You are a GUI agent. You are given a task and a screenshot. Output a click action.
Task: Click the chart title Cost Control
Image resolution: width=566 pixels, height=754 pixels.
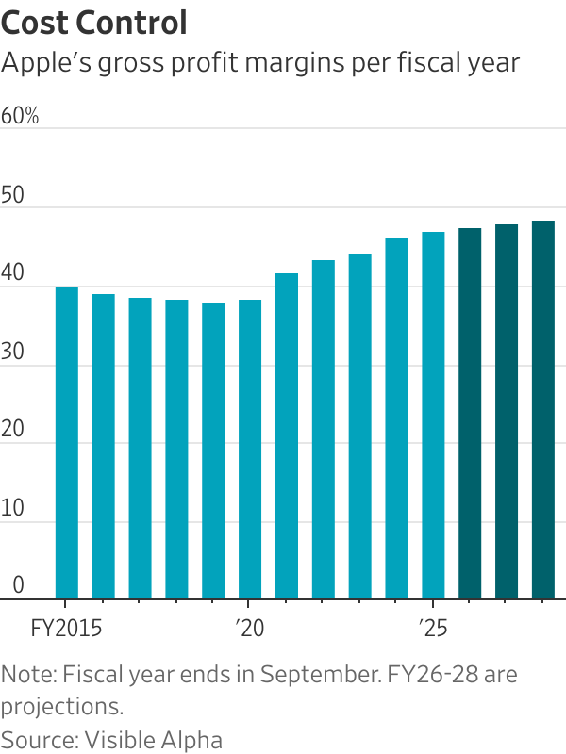94,23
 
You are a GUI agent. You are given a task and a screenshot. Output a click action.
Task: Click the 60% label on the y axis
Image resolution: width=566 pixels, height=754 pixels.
20,117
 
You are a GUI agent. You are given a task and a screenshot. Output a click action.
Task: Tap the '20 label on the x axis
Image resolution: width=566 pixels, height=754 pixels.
248,626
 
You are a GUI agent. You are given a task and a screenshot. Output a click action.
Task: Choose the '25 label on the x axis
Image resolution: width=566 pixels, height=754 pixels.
431,626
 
